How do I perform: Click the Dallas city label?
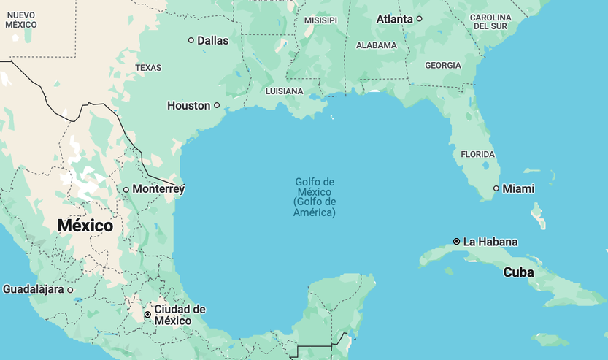click(x=212, y=40)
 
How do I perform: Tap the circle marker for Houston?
click(x=217, y=105)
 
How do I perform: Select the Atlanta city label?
click(x=394, y=19)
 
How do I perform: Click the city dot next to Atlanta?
click(x=420, y=19)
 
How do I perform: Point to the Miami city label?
click(x=518, y=188)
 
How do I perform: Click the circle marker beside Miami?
click(x=496, y=188)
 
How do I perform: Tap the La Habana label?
click(x=490, y=242)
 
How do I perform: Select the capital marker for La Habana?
click(x=456, y=241)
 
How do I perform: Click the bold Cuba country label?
click(x=518, y=272)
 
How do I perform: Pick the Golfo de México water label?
click(x=315, y=197)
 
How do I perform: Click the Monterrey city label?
click(x=158, y=189)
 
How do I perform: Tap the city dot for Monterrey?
click(x=126, y=190)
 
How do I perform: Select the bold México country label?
click(x=85, y=226)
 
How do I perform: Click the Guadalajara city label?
click(x=34, y=289)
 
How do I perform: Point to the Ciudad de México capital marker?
click(x=147, y=315)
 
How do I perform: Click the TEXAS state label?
click(x=148, y=68)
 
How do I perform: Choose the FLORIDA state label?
click(x=477, y=154)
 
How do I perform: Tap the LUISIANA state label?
click(x=284, y=91)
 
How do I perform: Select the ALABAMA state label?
click(x=376, y=45)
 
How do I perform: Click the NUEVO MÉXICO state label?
click(x=21, y=20)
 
